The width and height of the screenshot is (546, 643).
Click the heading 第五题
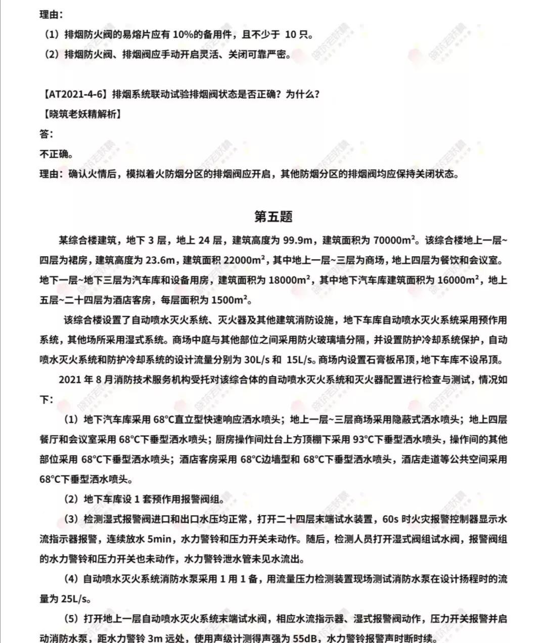(x=273, y=216)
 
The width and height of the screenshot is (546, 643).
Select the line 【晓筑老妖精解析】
(x=80, y=114)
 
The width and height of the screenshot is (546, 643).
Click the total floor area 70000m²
(x=394, y=240)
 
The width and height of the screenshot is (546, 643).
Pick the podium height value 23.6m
(x=160, y=260)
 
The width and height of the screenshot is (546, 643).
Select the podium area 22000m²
(x=245, y=260)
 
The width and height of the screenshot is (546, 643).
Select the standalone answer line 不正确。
(x=56, y=154)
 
